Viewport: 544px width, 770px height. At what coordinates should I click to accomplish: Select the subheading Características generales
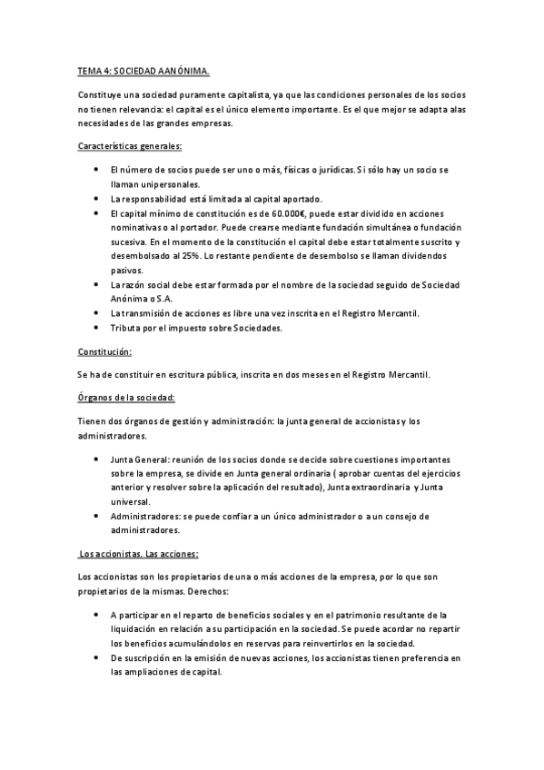[130, 145]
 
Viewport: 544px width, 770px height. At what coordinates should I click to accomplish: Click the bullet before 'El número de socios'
[97, 170]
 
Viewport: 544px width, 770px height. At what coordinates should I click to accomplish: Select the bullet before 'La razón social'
[97, 285]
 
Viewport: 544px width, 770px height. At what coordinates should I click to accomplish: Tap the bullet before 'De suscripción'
[97, 657]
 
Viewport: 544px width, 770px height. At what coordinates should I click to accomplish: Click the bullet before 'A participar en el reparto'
[97, 615]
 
